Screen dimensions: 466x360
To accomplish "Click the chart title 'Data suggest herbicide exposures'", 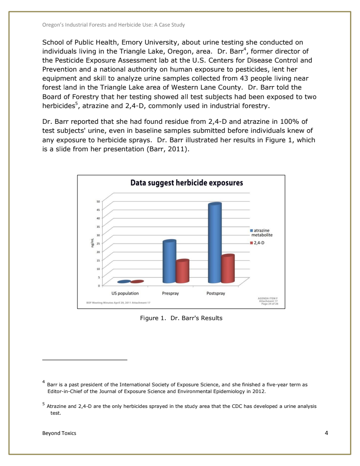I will pos(187,183).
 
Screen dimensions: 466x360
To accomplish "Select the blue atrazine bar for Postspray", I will pos(215,243).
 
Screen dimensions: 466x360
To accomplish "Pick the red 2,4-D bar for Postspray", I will pos(228,269).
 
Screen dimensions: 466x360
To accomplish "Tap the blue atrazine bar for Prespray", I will pos(169,262).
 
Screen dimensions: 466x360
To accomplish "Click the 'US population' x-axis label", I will pos(125,293).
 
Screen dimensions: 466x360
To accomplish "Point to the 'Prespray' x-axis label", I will pos(171,293).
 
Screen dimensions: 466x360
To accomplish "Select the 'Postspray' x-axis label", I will pos(216,293).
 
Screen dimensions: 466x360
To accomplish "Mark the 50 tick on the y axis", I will pos(98,201).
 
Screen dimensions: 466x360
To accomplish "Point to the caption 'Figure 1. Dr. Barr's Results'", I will pos(181,318).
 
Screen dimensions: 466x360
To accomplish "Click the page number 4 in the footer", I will pos(326,433).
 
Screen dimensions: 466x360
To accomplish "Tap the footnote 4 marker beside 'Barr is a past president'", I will pos(44,382).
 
